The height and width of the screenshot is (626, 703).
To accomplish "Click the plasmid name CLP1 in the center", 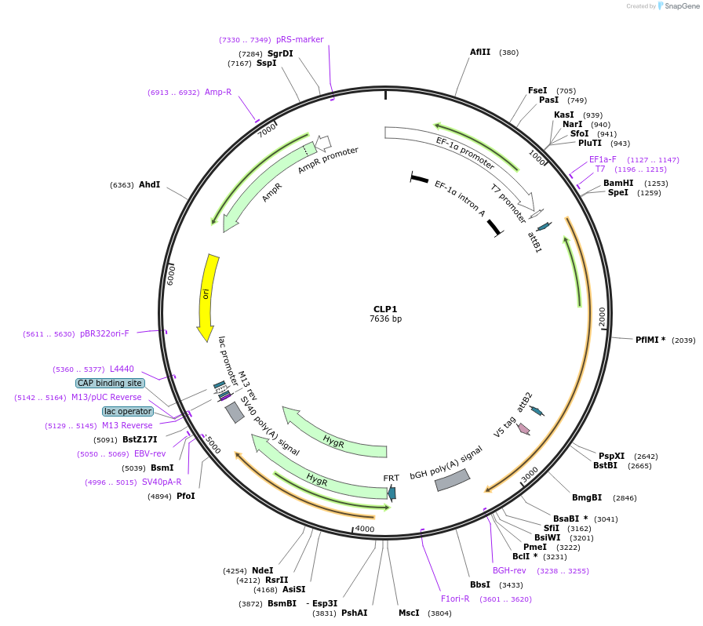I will click(385, 309).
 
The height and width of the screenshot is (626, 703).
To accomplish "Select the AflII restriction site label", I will click(480, 53).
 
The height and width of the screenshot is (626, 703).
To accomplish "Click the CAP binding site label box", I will click(110, 383).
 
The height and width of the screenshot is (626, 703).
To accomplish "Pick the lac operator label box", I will click(128, 411).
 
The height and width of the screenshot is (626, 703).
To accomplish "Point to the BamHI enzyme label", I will click(618, 183).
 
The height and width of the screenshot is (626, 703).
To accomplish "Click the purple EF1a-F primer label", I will click(603, 159).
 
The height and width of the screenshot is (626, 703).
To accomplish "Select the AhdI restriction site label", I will click(149, 185).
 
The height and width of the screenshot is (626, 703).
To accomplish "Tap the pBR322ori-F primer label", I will click(104, 333).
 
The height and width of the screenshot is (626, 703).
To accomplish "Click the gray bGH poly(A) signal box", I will click(453, 480).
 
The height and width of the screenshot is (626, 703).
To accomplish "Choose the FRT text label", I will click(391, 478).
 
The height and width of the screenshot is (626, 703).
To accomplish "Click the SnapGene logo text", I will click(678, 6).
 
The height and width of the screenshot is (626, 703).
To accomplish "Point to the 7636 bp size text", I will click(385, 319).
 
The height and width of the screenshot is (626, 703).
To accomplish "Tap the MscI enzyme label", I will click(409, 613).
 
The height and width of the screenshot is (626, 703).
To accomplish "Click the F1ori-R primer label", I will click(455, 599).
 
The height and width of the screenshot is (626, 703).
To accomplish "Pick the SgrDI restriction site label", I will click(280, 53).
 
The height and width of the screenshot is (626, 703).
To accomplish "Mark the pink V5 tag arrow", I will click(523, 429).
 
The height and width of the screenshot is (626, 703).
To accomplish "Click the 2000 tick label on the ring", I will click(603, 317).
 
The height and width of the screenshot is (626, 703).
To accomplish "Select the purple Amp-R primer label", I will click(218, 92).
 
